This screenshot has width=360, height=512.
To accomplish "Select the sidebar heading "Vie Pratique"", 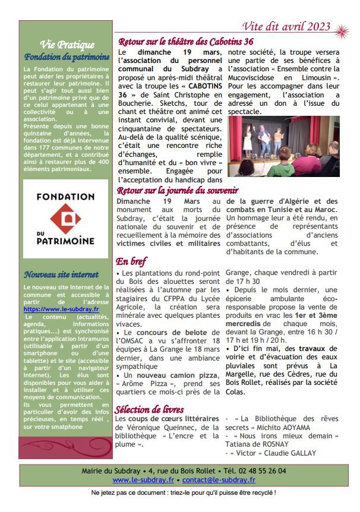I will coord(66,45).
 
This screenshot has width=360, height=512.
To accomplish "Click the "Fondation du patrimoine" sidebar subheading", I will coord(67,57).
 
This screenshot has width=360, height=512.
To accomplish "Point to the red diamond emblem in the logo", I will coord(66,218).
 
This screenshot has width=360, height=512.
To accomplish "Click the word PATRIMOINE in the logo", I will coord(66,241).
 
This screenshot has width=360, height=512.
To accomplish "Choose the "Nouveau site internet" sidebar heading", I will coord(57,274).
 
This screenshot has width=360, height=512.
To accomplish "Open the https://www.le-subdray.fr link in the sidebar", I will coord(61,309).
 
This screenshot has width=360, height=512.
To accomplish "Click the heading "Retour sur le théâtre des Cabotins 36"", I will coord(186,42).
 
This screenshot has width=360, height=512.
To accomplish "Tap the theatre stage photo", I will coord(283,146).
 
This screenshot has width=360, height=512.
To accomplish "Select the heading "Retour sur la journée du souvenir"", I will coord(178,191).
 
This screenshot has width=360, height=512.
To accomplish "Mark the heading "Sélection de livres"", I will coord(149,410).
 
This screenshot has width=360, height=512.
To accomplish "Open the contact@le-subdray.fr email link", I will coord(219,479).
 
